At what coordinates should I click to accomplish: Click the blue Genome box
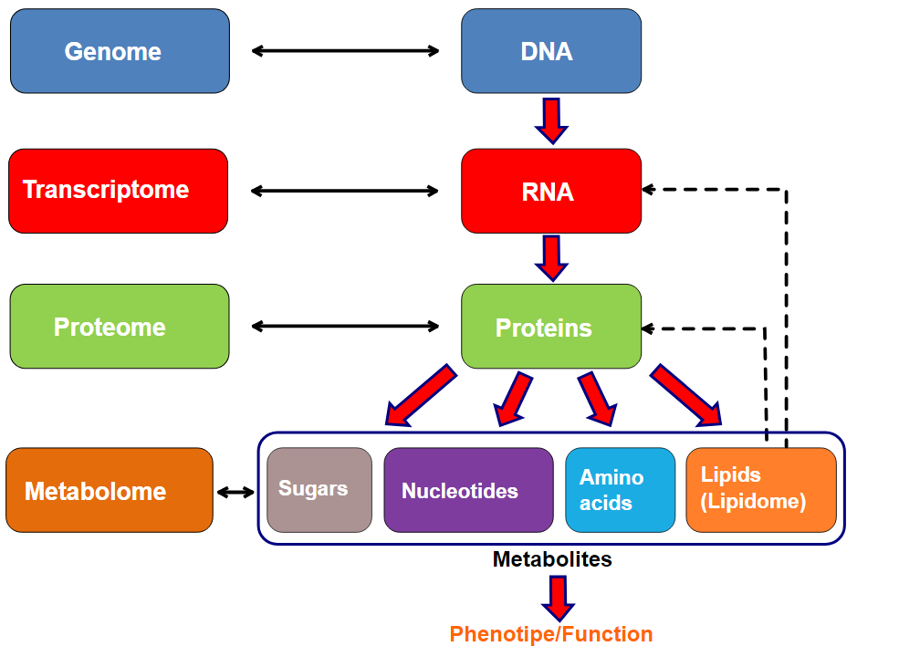[120, 51]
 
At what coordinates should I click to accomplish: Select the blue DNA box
[551, 51]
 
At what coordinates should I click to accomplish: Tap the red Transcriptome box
[118, 191]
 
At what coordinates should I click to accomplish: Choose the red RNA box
[551, 191]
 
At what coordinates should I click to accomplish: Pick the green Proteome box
[120, 326]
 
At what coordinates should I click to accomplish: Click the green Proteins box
[551, 326]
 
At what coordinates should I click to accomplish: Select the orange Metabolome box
[110, 490]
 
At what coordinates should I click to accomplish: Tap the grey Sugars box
[319, 490]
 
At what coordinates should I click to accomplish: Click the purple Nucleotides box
[468, 490]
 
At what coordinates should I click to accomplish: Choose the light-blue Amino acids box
[621, 490]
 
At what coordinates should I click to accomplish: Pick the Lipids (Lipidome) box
[761, 490]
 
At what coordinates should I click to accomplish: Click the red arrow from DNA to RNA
[551, 121]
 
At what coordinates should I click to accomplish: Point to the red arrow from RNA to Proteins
[551, 258]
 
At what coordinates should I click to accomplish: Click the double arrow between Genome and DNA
[346, 51]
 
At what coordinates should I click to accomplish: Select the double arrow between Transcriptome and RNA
[345, 191]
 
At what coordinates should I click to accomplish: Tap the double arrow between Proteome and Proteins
[346, 327]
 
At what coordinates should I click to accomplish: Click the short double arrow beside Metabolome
[235, 492]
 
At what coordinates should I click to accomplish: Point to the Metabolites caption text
[552, 559]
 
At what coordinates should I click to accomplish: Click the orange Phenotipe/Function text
[551, 634]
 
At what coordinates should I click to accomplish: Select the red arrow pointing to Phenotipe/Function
[559, 599]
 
